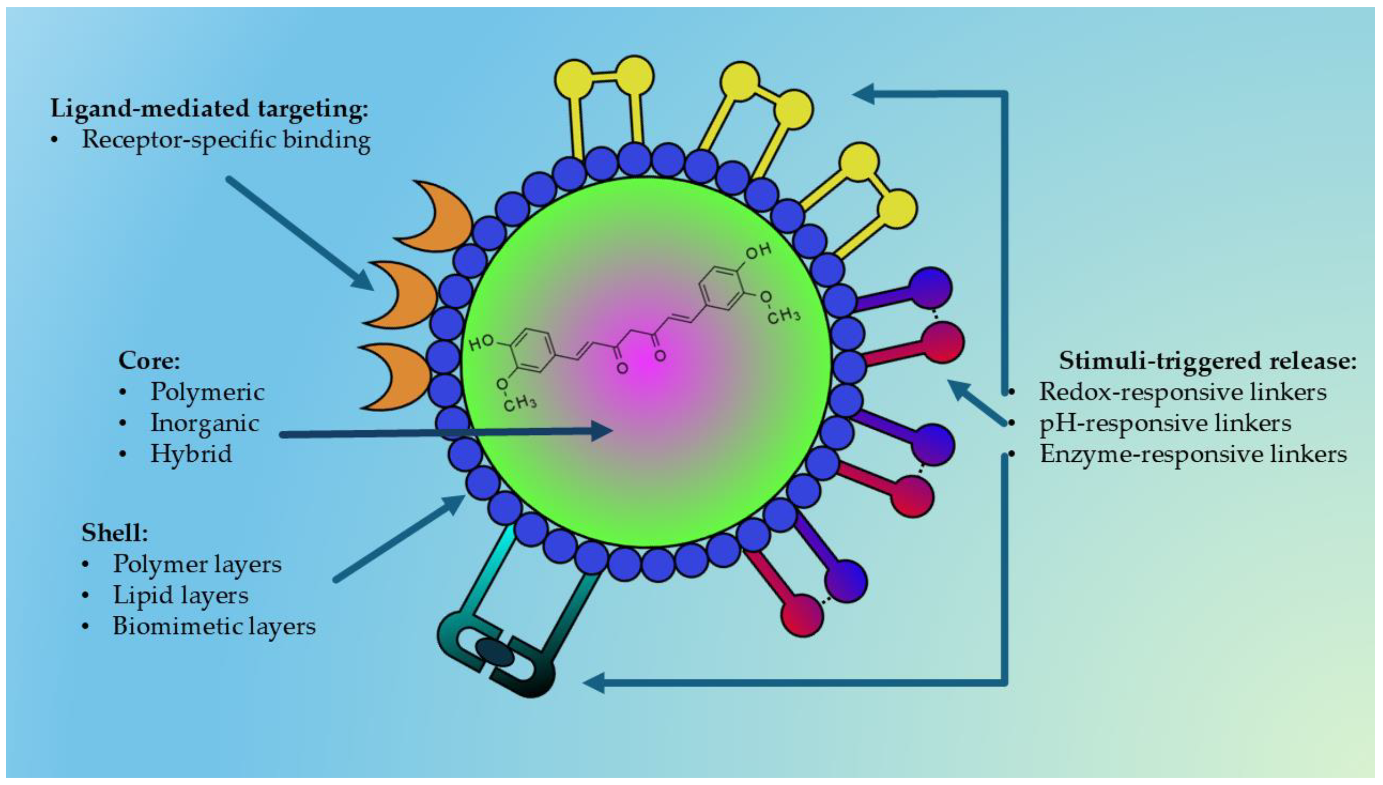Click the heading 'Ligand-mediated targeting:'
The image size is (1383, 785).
tap(209, 108)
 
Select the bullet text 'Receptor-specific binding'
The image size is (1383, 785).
tap(226, 140)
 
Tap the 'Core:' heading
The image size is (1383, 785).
tap(149, 360)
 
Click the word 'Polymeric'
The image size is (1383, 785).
tap(207, 392)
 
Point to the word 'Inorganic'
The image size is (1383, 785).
tap(204, 423)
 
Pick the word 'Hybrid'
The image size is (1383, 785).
tap(191, 454)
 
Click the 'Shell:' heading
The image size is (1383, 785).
tap(115, 533)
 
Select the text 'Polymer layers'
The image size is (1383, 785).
tap(197, 564)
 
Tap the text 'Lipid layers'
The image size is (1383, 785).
tap(181, 595)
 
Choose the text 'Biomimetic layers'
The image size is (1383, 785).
tap(214, 627)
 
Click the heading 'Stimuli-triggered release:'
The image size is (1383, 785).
tap(1207, 361)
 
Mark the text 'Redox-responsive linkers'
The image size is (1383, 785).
tap(1182, 392)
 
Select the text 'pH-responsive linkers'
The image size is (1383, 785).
tap(1165, 423)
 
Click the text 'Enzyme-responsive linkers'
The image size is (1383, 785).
tap(1192, 454)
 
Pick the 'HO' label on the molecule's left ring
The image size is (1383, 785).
tap(481, 343)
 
